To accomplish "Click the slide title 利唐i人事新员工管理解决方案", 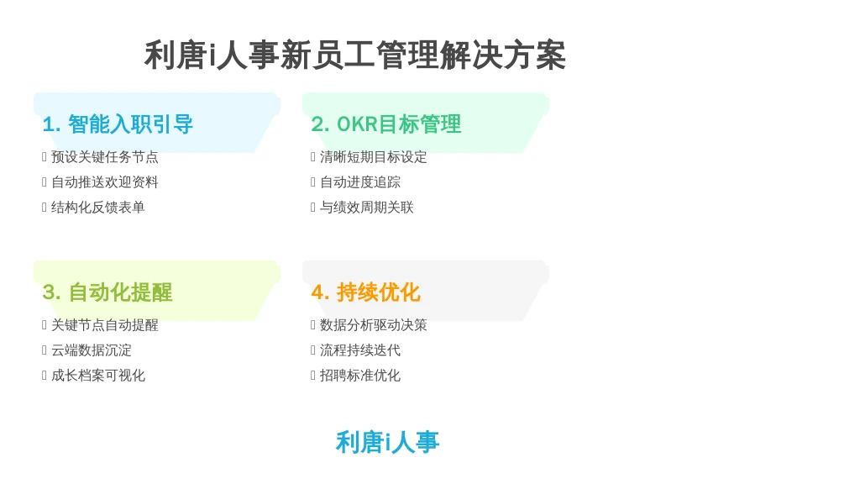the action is [355, 55].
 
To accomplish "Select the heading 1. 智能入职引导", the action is [118, 124].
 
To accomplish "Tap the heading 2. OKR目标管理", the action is [386, 124].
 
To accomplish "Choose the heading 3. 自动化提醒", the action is [107, 292].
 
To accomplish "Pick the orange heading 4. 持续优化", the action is [366, 292].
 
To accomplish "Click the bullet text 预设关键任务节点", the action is [105, 157].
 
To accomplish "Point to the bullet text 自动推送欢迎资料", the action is [105, 182].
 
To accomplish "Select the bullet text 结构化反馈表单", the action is [98, 208].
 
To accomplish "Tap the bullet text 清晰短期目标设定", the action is [374, 157].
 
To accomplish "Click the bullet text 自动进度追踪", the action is [360, 182].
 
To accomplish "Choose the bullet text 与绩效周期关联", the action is [367, 208].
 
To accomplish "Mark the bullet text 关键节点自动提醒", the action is [105, 325].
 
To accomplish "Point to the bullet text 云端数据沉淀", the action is [92, 350].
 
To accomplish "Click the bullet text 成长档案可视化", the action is [98, 376].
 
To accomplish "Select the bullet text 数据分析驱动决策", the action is [374, 325].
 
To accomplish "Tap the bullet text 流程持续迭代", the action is [360, 350].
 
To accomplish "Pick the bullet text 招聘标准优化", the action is [360, 376].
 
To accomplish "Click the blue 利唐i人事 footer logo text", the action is [388, 442].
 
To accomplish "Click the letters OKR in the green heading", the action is [358, 124].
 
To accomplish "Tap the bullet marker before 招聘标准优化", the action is [313, 376].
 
